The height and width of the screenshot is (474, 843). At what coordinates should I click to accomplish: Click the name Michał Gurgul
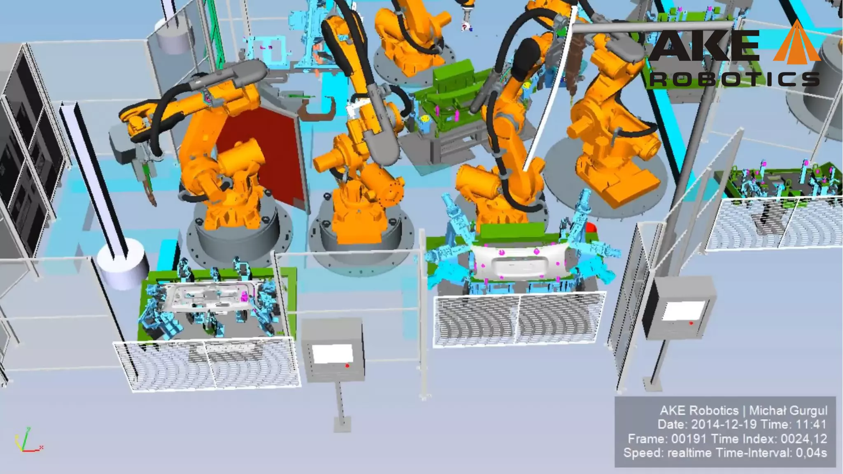coord(788,411)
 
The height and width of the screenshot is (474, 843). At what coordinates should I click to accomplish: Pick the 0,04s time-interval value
coord(810,453)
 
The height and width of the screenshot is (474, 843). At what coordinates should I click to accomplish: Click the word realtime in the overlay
coord(689,453)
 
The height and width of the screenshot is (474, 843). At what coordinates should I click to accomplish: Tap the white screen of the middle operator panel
coord(333,353)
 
